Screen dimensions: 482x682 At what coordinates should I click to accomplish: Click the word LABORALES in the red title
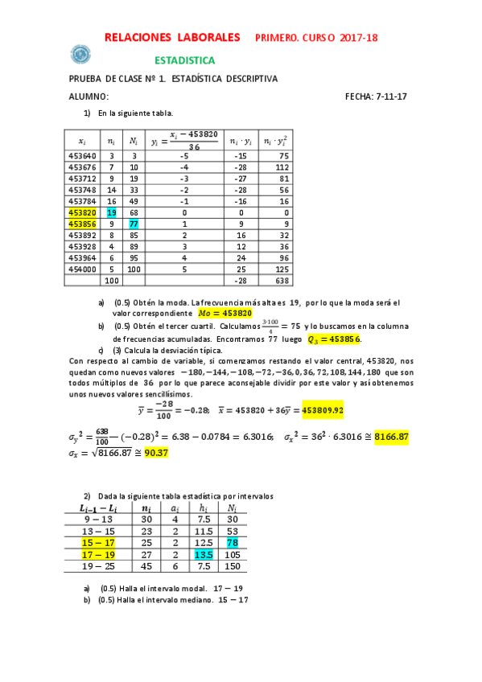coord(208,38)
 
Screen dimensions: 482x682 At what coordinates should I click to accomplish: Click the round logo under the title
coord(79,54)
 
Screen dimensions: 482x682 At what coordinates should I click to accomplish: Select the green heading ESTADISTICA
coord(184,60)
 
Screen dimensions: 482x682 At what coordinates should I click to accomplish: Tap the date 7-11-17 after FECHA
coord(393,97)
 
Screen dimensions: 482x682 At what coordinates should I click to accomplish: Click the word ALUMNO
coord(89,97)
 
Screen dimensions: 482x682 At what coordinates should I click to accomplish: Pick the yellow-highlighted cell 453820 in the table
coord(83,212)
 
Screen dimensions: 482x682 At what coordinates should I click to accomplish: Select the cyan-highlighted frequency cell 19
coord(112,212)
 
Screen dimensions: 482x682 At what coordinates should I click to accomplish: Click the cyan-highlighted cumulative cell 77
coord(133,224)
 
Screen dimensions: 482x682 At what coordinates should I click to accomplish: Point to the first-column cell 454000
coord(83,269)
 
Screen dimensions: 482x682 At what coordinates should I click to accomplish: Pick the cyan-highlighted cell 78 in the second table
coord(232,542)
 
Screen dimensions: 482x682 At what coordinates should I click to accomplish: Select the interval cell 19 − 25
coord(100,565)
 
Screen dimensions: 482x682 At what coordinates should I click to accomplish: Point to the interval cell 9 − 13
coord(100,519)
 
